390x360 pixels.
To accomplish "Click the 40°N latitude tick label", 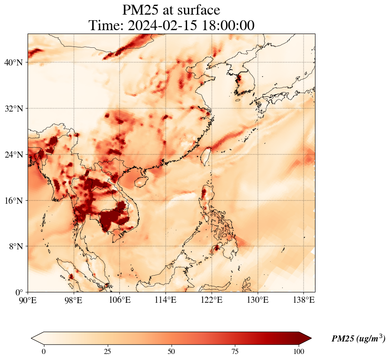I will pos(13,62).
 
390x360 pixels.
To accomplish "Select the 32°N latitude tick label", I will pos(13,109).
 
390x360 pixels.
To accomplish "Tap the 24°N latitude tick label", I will pos(13,155).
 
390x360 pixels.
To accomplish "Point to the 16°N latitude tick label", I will pos(13,201).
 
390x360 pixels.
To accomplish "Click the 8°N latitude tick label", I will pos(15,246).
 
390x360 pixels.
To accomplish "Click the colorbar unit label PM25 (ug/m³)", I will pos(358,339).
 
